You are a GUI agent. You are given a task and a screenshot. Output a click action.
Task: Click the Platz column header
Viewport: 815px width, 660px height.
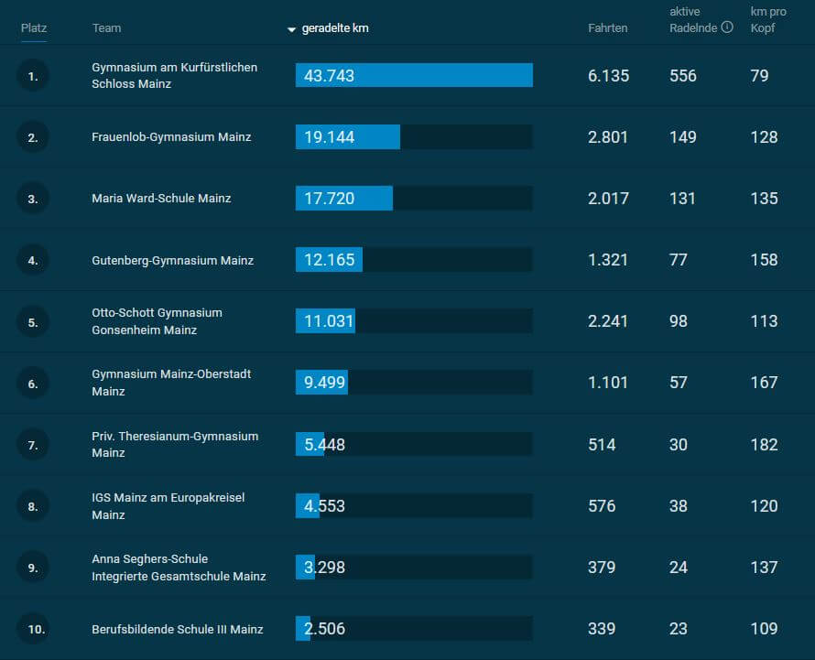coord(34,28)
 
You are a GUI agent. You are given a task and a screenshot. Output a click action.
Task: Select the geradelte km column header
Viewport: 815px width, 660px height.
coord(335,28)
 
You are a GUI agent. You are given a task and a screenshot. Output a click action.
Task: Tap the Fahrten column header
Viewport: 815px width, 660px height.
coord(607,28)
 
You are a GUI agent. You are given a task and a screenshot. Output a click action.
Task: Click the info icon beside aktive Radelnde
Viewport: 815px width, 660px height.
coord(727,27)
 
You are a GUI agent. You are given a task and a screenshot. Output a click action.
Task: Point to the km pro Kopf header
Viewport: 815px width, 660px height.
coord(767,19)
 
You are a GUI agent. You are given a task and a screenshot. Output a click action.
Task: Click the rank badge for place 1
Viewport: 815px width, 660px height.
coord(33,76)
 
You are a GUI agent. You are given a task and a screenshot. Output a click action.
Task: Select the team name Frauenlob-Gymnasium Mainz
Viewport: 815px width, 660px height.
coord(171,137)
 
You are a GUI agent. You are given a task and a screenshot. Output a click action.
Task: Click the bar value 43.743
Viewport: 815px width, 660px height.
coord(329,76)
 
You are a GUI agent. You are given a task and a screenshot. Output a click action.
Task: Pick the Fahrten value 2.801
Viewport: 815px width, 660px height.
coord(608,137)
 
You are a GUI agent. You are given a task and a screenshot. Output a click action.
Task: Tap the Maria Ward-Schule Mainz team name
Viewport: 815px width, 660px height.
coord(161,199)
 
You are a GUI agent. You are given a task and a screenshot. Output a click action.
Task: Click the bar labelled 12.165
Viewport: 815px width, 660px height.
coord(329,260)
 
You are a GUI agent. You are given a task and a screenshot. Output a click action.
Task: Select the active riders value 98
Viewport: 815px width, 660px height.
coord(678,321)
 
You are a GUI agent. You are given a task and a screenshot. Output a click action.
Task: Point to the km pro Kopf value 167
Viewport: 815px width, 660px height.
coord(764,383)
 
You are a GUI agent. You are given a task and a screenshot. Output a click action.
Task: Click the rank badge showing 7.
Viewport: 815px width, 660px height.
coord(33,445)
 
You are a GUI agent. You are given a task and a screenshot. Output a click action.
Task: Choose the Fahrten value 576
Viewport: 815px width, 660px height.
coord(602,506)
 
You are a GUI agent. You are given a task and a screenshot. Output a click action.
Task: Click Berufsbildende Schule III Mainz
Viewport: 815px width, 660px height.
coord(178,629)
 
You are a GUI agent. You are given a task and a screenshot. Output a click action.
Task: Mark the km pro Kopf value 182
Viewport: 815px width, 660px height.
coord(764,445)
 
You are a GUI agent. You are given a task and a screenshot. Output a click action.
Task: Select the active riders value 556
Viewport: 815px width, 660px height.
coord(683,76)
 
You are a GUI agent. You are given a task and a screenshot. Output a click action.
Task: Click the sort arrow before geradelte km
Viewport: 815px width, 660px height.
coord(292,29)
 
